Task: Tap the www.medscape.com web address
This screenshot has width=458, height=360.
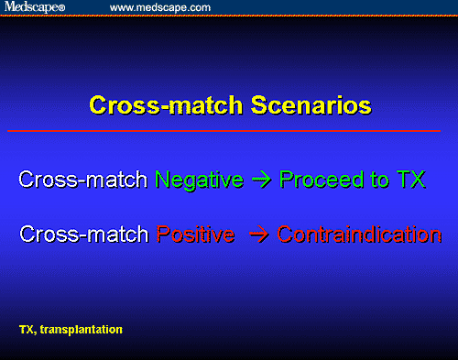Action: [160, 7]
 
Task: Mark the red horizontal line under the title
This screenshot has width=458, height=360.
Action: [229, 131]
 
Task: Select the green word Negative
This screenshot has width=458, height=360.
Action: [199, 180]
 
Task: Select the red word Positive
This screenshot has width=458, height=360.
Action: [194, 234]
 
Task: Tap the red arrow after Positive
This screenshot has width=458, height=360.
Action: [258, 235]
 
